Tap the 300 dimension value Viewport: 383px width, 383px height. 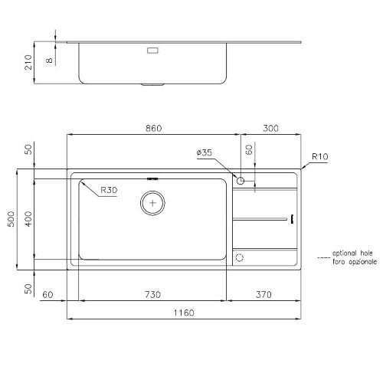click(x=270, y=129)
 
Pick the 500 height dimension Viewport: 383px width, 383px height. click(x=10, y=219)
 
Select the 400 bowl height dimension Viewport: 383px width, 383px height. click(x=28, y=219)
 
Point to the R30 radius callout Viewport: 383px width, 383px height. click(x=109, y=189)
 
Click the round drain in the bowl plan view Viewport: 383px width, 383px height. click(x=154, y=203)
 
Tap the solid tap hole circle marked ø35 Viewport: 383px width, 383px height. click(x=241, y=182)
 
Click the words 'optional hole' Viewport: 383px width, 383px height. click(x=354, y=253)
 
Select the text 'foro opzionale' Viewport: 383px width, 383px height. click(x=354, y=262)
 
